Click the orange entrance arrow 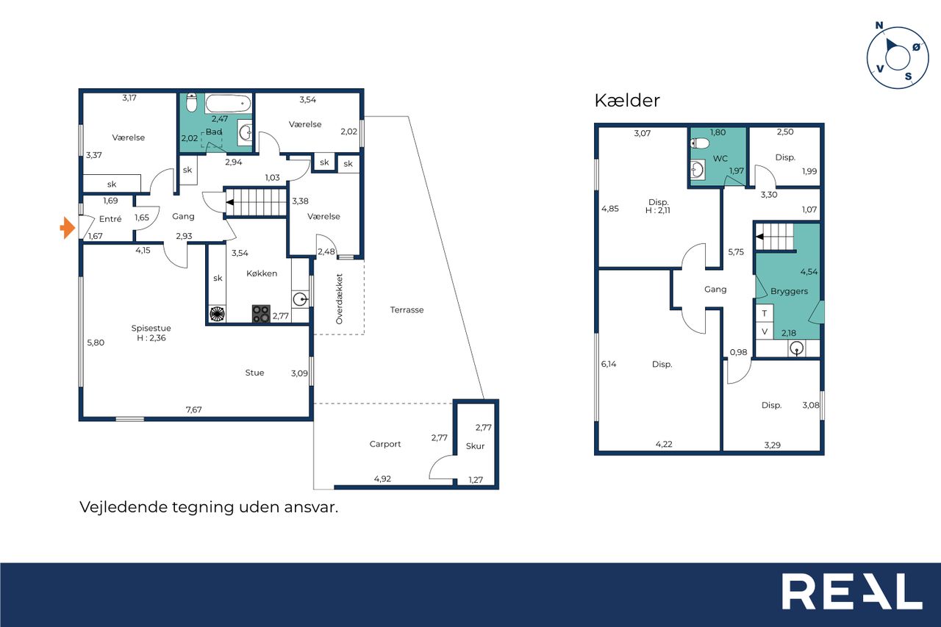pos(68,228)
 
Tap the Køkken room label pos(262,273)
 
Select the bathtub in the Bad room pos(228,104)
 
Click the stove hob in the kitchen pos(261,314)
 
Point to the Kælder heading pos(627,101)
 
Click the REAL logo pos(852,591)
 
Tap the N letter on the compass pos(879,26)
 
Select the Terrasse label pos(407,310)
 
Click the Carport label pos(385,444)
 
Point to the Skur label pos(475,446)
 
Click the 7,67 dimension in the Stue pos(193,409)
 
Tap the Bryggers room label pos(790,291)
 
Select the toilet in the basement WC pos(699,143)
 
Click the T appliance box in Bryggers pos(764,313)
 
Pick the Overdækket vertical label pos(340,299)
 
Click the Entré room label pos(110,219)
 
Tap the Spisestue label pos(151,328)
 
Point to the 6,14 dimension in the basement pos(609,364)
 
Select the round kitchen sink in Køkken pos(300,300)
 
